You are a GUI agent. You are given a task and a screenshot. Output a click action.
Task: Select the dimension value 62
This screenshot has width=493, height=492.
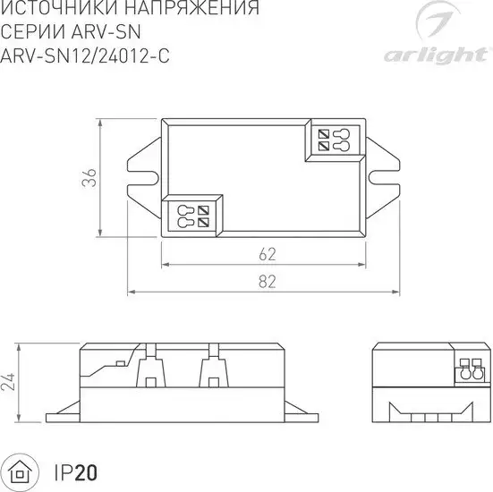(267, 254)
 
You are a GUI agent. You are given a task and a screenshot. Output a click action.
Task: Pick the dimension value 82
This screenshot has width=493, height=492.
(267, 281)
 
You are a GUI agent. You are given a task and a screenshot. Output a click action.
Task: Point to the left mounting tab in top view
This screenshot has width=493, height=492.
(144, 179)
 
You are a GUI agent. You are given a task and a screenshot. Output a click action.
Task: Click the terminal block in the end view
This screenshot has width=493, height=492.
(471, 369)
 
